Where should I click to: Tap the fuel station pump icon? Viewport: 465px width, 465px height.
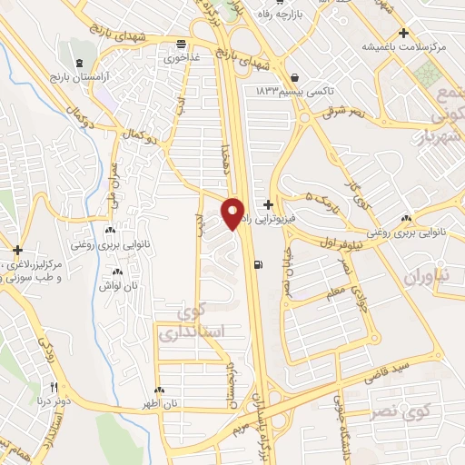click(261, 265)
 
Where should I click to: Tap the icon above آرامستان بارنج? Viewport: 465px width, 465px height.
click(79, 62)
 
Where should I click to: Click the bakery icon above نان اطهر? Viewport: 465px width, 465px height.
click(159, 389)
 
